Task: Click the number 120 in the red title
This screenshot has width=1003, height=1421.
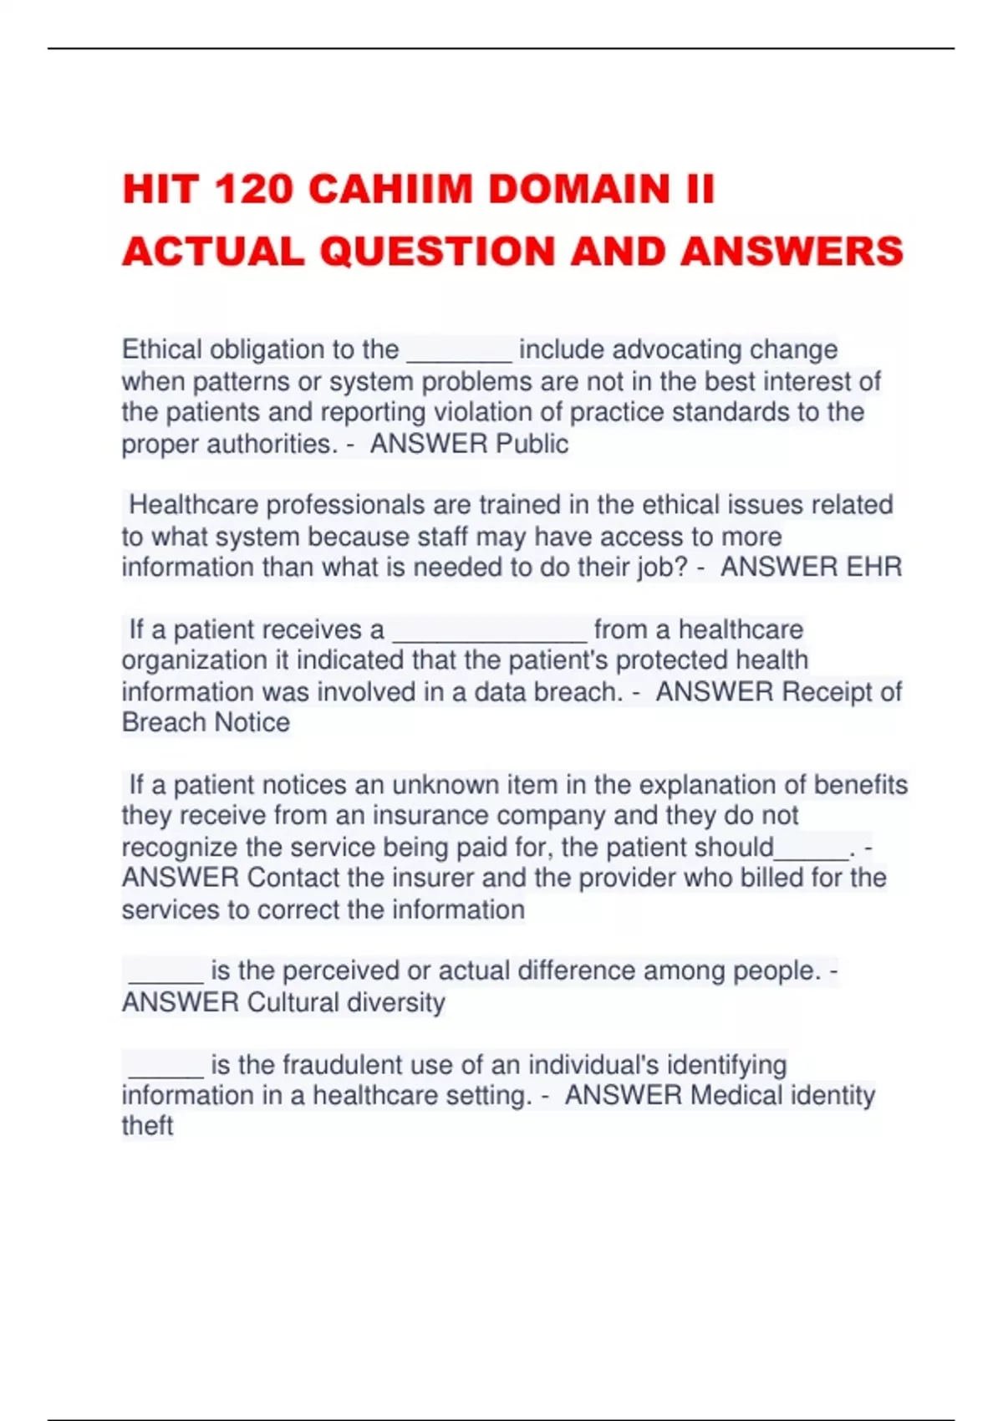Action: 252,189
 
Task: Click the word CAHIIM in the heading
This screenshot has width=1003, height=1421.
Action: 389,189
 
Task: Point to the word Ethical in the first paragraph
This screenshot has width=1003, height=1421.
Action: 162,349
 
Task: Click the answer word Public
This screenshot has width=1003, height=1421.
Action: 532,444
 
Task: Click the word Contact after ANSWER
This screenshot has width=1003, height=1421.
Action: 293,878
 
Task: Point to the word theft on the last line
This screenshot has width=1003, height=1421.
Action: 147,1126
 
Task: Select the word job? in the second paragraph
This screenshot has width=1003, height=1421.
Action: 661,568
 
